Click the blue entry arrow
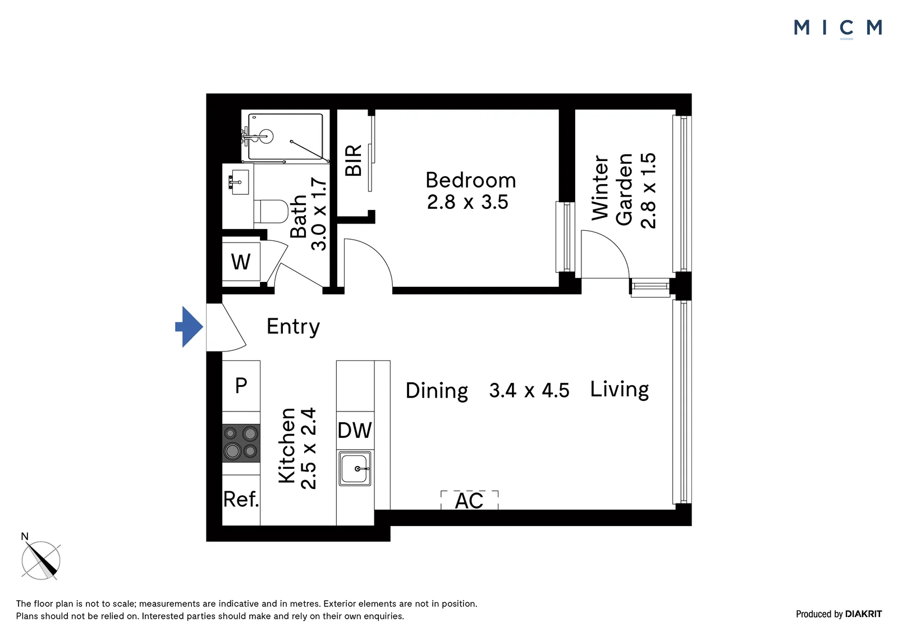[189, 327]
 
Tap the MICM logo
[838, 29]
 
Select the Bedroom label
[471, 180]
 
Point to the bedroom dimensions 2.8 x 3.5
[468, 202]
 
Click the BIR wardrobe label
[353, 161]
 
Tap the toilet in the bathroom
[271, 212]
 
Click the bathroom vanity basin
[239, 182]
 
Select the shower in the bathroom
[286, 136]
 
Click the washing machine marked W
[241, 262]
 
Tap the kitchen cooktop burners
[241, 443]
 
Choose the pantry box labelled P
[241, 386]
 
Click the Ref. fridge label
[241, 500]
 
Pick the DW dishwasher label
[355, 431]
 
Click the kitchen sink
[355, 468]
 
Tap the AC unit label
[469, 501]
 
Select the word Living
[620, 390]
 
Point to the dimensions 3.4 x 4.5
[529, 391]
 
